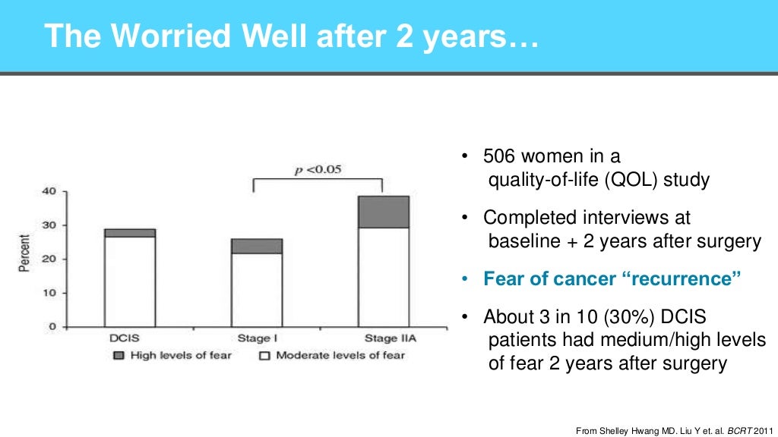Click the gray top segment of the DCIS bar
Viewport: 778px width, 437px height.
click(130, 233)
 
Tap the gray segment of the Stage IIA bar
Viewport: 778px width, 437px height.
click(384, 212)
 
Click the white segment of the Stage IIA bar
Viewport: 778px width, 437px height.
click(384, 277)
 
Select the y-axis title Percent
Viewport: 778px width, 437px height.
click(25, 259)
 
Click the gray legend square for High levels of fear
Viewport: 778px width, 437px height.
click(119, 355)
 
